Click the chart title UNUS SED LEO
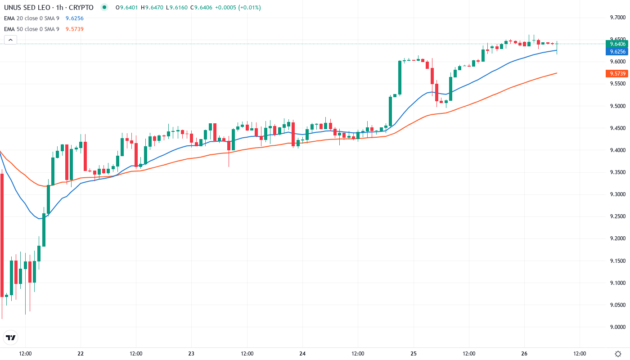27,8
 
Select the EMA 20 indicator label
32,18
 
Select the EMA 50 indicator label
32,29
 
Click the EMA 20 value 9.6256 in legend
75,18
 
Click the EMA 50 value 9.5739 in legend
75,29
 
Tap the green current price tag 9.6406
617,44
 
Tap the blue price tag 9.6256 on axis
617,51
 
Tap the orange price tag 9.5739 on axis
617,74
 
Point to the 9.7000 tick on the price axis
617,18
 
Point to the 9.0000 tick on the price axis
617,327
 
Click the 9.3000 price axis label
617,194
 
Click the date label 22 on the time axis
81,354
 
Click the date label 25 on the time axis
414,354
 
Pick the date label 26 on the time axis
524,354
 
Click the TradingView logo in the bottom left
11,337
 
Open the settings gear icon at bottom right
618,354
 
